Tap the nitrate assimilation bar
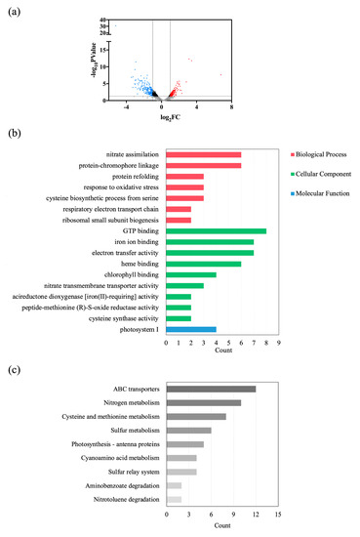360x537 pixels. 203,155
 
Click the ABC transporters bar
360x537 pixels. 211,389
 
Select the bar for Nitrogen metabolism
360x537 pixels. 203,402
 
